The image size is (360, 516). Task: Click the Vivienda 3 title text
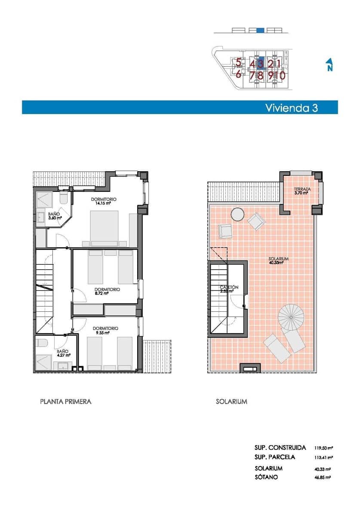click(291, 107)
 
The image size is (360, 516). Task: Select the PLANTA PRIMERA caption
click(65, 402)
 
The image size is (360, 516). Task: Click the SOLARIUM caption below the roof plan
click(231, 402)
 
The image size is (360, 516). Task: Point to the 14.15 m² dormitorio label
click(104, 202)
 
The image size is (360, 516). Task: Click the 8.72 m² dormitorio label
click(107, 292)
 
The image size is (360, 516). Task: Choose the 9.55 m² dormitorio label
click(107, 330)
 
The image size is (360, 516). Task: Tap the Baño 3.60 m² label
click(53, 215)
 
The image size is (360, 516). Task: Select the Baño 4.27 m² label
click(63, 353)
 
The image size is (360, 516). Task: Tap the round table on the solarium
click(237, 214)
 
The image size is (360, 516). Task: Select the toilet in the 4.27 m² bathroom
click(42, 343)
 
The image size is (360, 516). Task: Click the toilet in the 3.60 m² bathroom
click(64, 198)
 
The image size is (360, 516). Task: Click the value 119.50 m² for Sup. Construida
click(324, 448)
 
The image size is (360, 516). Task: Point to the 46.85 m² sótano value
click(323, 477)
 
